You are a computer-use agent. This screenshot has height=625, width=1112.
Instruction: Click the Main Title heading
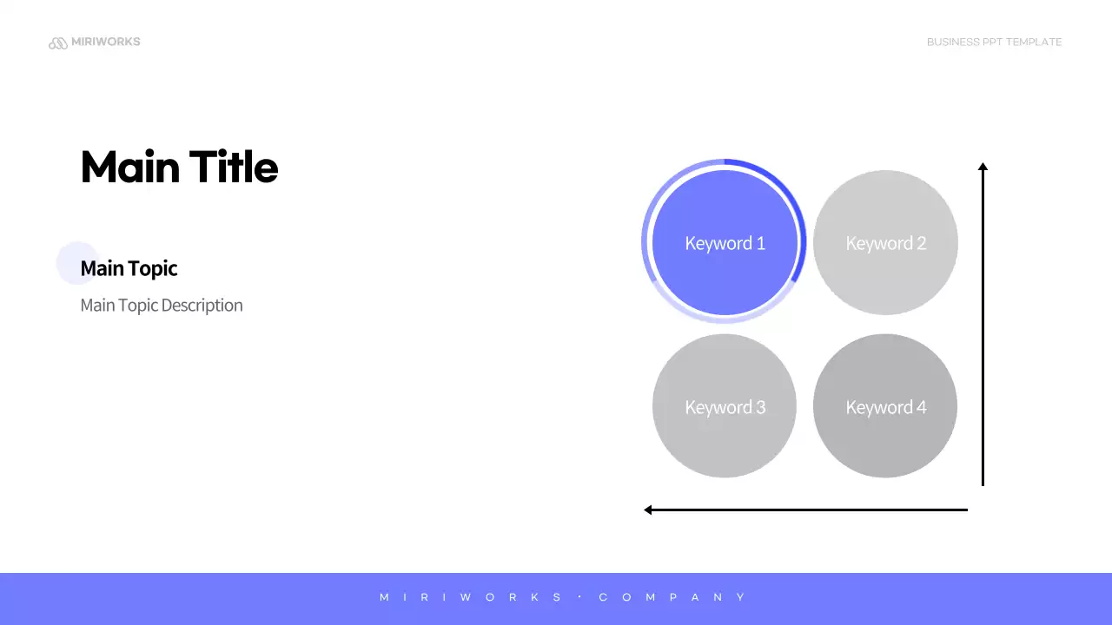(x=179, y=167)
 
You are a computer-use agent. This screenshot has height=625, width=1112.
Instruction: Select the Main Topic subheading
(x=129, y=268)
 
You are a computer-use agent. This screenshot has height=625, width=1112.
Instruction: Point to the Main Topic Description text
(x=162, y=306)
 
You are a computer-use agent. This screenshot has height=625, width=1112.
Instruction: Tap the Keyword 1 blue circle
(x=725, y=243)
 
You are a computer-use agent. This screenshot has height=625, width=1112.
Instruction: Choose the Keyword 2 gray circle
(x=885, y=243)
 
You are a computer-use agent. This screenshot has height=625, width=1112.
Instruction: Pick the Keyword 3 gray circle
(x=725, y=406)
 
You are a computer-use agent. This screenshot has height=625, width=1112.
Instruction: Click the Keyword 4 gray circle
(x=885, y=406)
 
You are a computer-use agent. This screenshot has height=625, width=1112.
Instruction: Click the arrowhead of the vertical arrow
(x=983, y=167)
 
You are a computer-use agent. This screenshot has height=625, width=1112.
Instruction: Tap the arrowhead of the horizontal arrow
(x=648, y=510)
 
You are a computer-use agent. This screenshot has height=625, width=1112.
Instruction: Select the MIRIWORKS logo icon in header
(x=58, y=43)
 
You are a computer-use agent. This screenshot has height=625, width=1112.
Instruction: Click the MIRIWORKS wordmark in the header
(x=105, y=42)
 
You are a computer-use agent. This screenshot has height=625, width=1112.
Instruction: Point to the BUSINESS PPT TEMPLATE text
(x=994, y=42)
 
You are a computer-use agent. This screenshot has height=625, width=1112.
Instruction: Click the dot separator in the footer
(x=579, y=597)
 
